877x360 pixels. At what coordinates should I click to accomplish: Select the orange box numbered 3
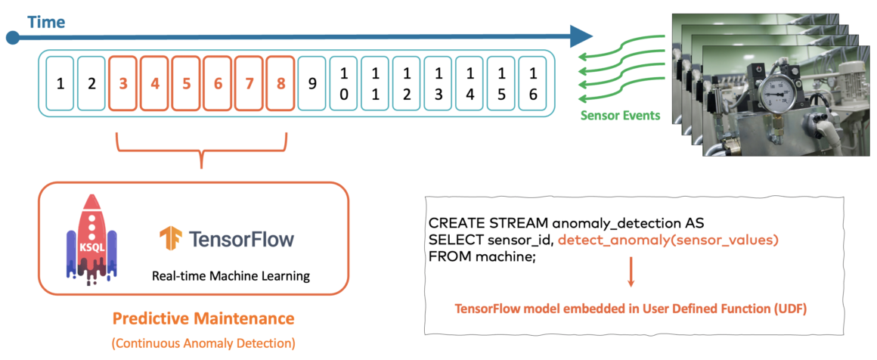click(x=123, y=83)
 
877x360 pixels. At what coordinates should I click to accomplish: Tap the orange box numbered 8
click(x=280, y=83)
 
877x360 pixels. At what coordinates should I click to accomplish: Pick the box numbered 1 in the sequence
click(x=60, y=83)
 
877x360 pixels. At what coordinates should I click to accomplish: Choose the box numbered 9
click(x=312, y=83)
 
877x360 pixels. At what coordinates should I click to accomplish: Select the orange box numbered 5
click(x=186, y=83)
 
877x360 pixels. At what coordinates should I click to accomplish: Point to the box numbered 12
click(x=407, y=83)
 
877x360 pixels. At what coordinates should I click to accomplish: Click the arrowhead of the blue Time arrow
click(x=580, y=36)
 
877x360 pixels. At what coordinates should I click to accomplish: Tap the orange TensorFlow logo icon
click(x=170, y=239)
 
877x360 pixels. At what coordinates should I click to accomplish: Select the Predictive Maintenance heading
click(x=203, y=317)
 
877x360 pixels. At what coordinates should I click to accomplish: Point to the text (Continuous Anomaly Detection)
click(x=203, y=343)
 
